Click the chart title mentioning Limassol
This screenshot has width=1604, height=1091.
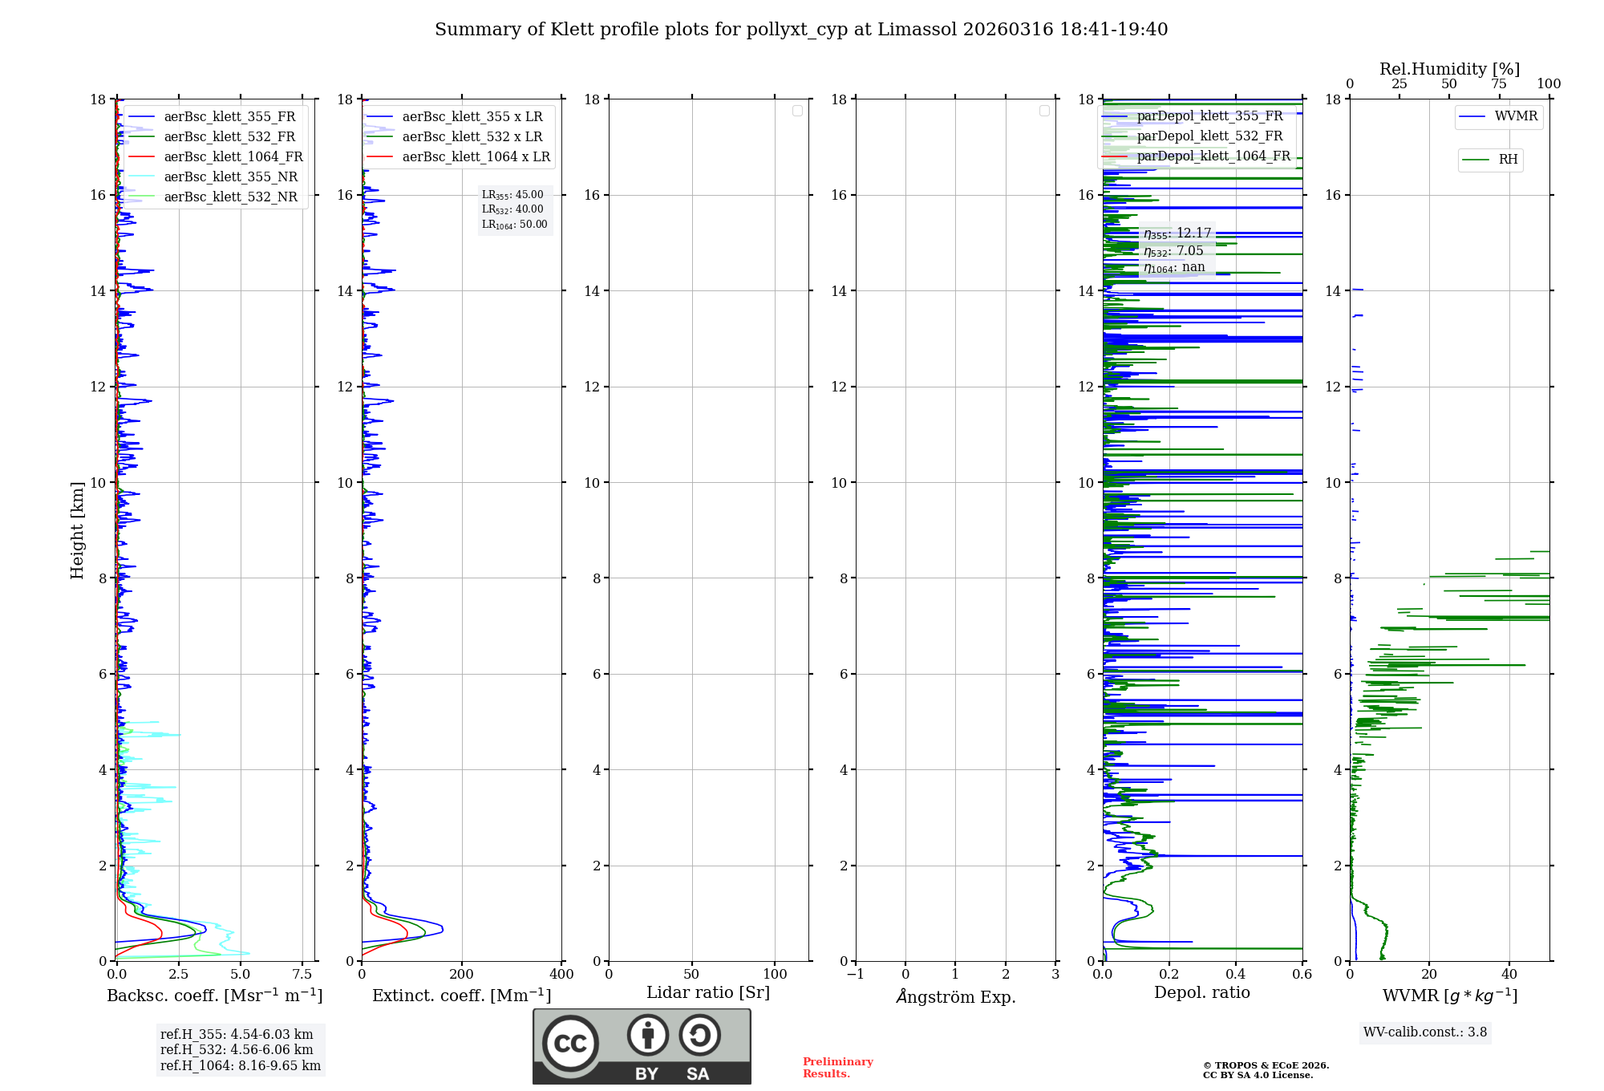(x=801, y=30)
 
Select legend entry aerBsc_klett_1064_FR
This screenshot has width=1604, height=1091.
(x=233, y=156)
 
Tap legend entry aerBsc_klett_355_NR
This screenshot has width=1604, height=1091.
(x=230, y=176)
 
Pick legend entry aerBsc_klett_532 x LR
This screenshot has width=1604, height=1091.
(x=472, y=136)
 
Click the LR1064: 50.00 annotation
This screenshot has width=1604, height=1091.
(x=514, y=225)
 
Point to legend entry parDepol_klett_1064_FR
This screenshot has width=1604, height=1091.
(x=1213, y=156)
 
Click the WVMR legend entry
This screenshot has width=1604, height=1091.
(x=1515, y=116)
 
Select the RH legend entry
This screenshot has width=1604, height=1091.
(x=1507, y=160)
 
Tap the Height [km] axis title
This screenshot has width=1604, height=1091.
(x=77, y=529)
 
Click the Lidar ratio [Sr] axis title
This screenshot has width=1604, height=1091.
(x=708, y=992)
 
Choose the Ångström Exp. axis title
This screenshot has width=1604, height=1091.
(x=955, y=996)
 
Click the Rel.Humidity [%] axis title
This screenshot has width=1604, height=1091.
(x=1449, y=69)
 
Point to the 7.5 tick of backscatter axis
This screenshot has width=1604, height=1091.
(x=302, y=975)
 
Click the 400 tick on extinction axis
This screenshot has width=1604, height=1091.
(x=561, y=975)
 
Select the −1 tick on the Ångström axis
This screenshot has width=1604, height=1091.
(x=856, y=975)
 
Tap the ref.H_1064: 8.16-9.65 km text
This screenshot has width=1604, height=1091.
(x=240, y=1065)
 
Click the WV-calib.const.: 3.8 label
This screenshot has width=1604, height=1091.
(x=1425, y=1032)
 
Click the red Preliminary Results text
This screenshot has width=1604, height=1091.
(x=837, y=1067)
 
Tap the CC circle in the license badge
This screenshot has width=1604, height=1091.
(x=570, y=1043)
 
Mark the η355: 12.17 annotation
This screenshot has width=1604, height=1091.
(x=1177, y=233)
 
